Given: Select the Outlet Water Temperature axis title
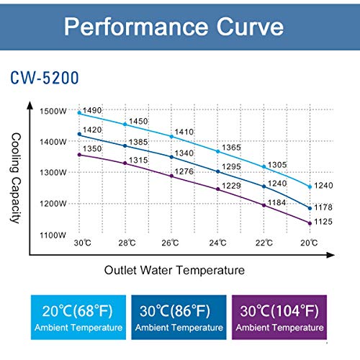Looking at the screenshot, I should [x=174, y=270].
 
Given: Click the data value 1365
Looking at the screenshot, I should [x=230, y=147].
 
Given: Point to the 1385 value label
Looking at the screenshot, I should [x=138, y=142].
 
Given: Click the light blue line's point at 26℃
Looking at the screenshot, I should [x=171, y=136].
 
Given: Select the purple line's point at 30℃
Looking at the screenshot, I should [x=79, y=155].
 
